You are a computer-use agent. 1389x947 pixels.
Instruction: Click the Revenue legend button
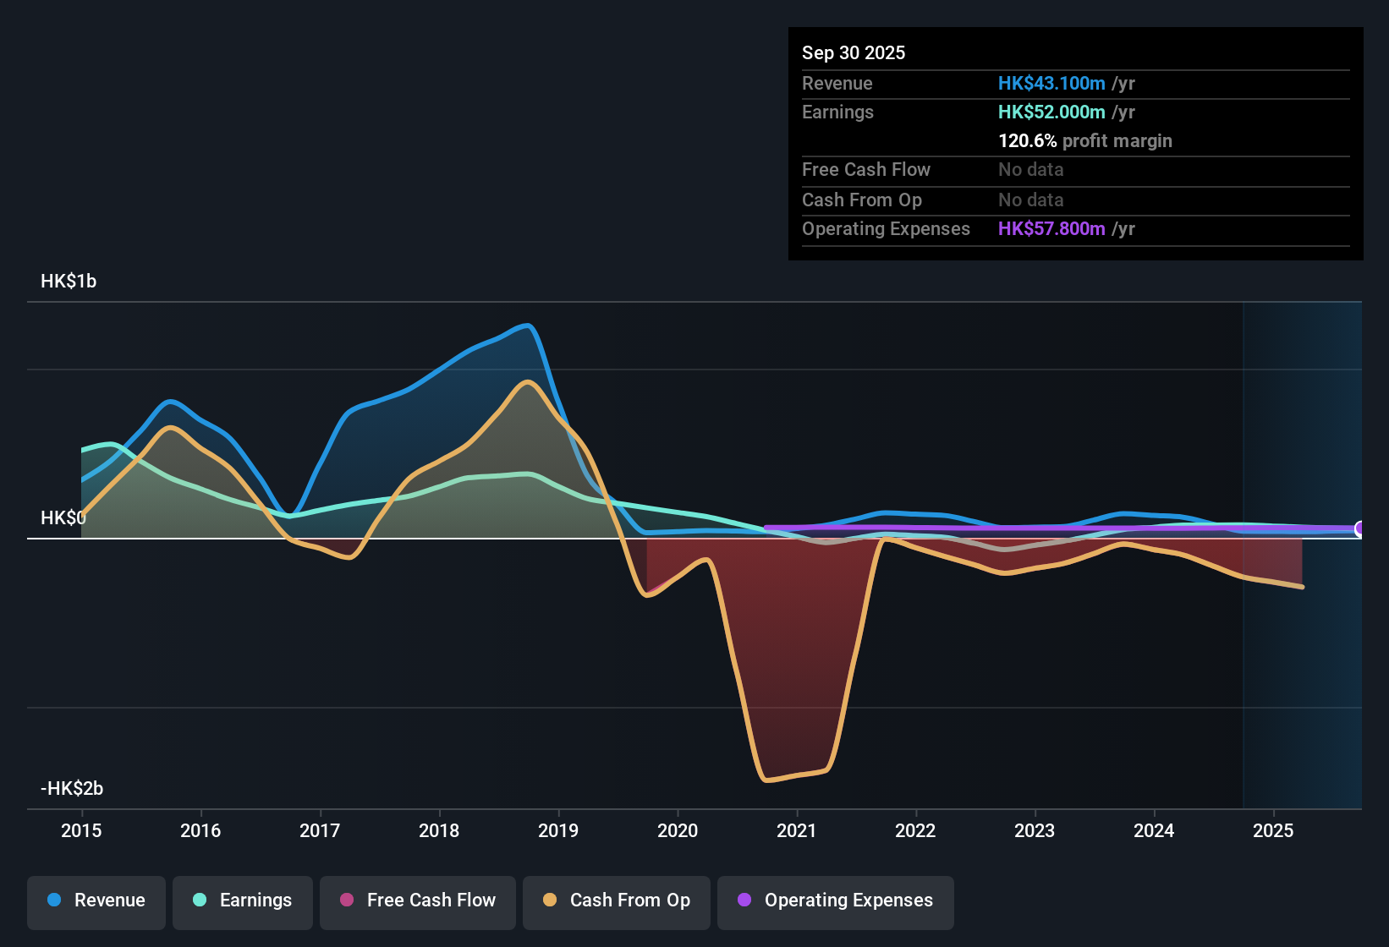(x=96, y=900)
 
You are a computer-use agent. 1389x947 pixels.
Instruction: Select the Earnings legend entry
(x=243, y=900)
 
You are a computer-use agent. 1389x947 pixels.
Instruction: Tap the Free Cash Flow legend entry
(x=418, y=900)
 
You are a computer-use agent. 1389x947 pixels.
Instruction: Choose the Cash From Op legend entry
(x=617, y=900)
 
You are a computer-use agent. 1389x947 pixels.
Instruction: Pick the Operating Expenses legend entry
(x=836, y=900)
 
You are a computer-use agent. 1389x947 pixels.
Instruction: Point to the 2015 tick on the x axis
(x=81, y=830)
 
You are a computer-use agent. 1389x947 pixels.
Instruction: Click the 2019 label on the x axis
(x=558, y=830)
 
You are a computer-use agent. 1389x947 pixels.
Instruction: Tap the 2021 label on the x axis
(x=797, y=830)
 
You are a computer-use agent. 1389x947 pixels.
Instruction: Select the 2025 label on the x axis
(x=1273, y=830)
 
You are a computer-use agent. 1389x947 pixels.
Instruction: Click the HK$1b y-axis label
(x=69, y=282)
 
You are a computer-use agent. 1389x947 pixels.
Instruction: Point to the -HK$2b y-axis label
(x=72, y=789)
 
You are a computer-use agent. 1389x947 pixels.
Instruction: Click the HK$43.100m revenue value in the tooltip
(x=1051, y=84)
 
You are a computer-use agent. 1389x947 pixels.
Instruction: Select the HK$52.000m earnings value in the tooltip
(x=1051, y=112)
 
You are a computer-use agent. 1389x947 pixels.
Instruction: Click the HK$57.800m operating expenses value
(x=1051, y=229)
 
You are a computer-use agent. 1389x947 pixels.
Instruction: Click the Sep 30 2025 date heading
(x=854, y=53)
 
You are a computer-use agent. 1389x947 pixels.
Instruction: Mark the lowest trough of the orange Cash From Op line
(x=766, y=780)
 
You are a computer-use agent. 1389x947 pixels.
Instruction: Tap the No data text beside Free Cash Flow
(x=1030, y=170)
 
